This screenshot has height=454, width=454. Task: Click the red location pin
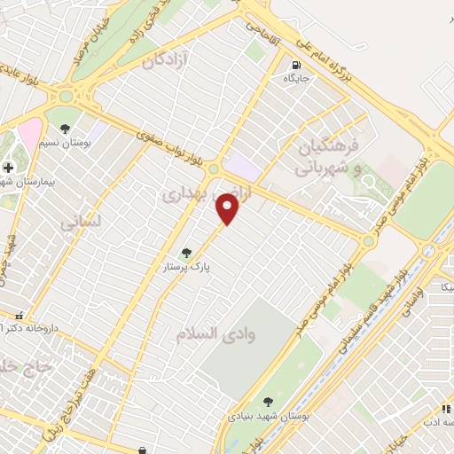click(229, 209)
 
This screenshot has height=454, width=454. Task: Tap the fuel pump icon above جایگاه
click(294, 65)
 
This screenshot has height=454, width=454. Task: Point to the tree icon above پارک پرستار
click(185, 253)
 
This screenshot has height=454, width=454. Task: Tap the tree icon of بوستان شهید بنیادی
click(269, 401)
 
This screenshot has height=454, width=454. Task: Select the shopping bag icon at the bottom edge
click(143, 449)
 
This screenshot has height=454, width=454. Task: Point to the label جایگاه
click(294, 78)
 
